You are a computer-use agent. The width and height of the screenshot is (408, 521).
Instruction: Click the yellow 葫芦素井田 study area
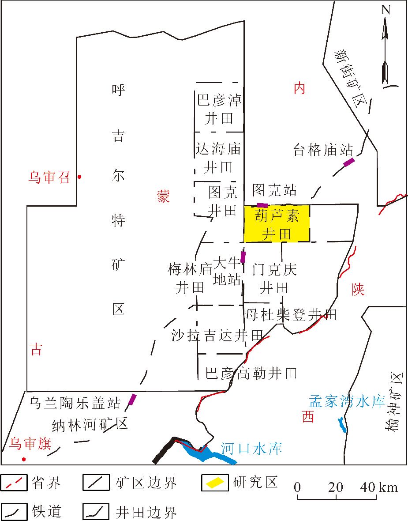click(277, 223)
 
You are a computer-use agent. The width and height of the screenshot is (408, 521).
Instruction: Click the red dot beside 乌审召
click(79, 177)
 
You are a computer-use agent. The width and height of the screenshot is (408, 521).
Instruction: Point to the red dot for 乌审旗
click(24, 459)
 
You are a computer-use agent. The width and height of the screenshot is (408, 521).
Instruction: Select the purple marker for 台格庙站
click(349, 162)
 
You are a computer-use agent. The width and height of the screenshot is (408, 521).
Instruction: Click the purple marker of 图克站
click(262, 205)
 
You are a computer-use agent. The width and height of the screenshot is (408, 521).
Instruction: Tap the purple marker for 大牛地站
click(243, 257)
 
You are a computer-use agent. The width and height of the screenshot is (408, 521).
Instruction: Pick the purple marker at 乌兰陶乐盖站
click(132, 400)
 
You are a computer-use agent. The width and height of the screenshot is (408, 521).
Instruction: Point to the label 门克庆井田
click(274, 278)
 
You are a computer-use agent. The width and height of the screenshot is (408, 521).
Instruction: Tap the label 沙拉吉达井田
click(217, 336)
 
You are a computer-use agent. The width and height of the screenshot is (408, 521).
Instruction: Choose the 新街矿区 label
click(351, 75)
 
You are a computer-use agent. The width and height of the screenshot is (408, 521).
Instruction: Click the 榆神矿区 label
click(397, 402)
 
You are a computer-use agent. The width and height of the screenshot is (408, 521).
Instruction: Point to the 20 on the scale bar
click(337, 487)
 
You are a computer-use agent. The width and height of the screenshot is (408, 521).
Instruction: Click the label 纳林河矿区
click(90, 424)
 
